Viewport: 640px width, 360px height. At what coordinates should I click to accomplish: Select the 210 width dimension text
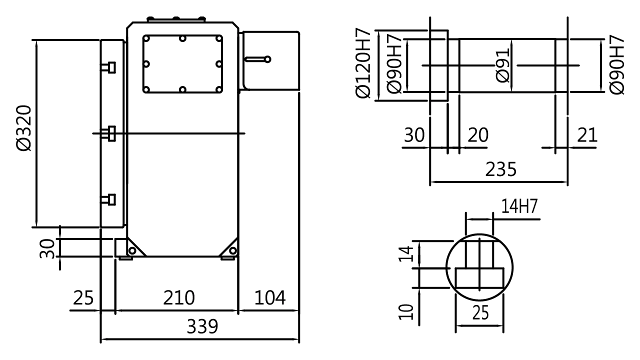(x=179, y=298)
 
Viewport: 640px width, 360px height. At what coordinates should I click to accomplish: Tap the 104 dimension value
(x=270, y=298)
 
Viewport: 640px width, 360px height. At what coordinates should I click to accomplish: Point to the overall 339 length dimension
(x=202, y=327)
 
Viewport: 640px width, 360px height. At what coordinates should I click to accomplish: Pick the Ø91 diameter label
(x=501, y=65)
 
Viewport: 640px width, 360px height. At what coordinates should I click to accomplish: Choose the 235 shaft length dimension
(x=500, y=170)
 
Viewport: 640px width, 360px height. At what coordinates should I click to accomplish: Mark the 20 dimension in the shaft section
(x=477, y=135)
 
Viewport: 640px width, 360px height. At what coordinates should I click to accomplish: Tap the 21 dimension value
(x=586, y=135)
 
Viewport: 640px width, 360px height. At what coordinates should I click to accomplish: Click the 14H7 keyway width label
(x=518, y=206)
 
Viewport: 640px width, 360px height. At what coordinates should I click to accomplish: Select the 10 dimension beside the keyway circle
(x=406, y=311)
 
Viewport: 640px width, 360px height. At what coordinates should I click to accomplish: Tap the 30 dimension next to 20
(x=414, y=135)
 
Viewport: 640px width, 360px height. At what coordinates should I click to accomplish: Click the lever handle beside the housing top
(x=258, y=59)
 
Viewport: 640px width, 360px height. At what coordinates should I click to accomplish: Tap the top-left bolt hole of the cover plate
(x=146, y=38)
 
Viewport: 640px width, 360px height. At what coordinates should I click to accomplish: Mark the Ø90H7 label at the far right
(x=617, y=64)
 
